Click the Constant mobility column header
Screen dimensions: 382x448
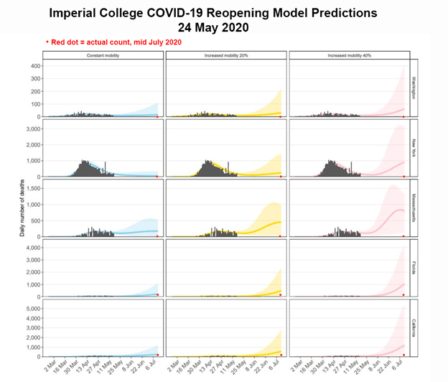(x=103, y=55)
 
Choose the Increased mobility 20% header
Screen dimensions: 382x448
(x=226, y=55)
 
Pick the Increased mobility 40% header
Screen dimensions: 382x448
(x=349, y=55)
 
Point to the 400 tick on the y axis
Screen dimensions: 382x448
(x=33, y=66)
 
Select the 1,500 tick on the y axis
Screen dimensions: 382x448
(x=31, y=189)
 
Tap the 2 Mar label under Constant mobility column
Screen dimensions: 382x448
(x=50, y=365)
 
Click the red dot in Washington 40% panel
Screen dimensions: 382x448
(x=403, y=116)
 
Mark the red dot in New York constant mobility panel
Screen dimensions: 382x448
(x=157, y=176)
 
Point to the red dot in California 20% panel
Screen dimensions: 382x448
(x=281, y=355)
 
